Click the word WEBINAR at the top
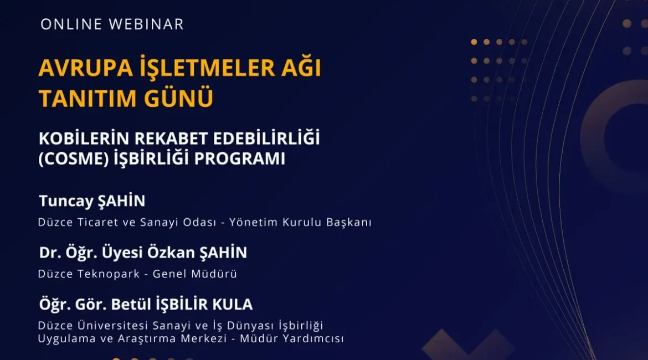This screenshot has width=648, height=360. [146, 24]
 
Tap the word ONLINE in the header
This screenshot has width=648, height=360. [71, 24]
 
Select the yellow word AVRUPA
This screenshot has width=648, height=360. [85, 68]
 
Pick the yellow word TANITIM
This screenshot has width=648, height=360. [87, 99]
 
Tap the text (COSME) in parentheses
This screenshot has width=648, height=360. [74, 159]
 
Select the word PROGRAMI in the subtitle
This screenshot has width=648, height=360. [240, 159]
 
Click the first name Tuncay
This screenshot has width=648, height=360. [66, 202]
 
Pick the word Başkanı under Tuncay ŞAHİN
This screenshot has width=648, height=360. [349, 222]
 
